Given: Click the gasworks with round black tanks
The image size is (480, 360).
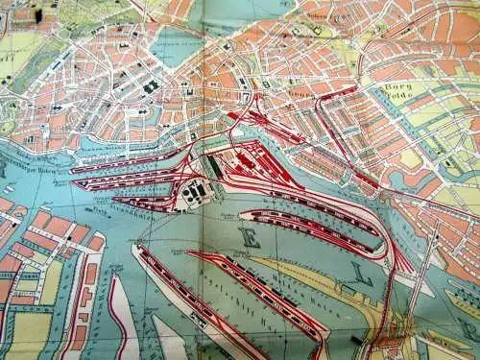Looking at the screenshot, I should pyautogui.click(x=193, y=192).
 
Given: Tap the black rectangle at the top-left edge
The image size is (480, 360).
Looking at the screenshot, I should pyautogui.click(x=38, y=15).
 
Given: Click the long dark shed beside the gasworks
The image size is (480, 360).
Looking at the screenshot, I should pyautogui.click(x=212, y=172).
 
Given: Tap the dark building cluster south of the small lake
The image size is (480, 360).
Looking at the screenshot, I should pyautogui.click(x=151, y=87).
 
